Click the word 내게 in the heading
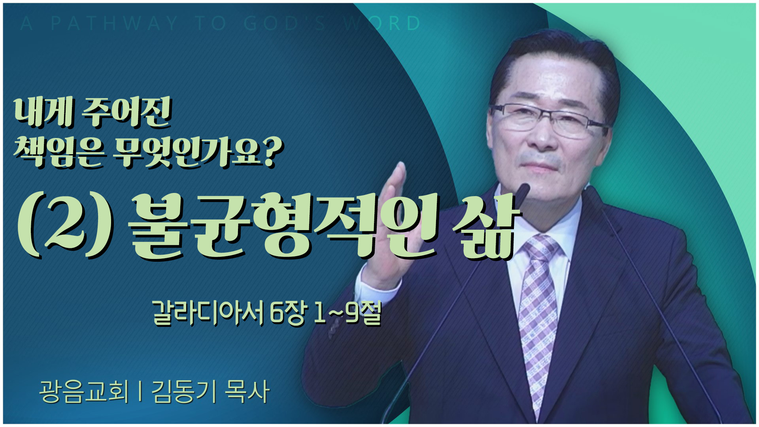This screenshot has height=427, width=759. click(43, 113)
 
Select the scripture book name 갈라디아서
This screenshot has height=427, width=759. click(208, 314)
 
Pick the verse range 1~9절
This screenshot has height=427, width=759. click(347, 314)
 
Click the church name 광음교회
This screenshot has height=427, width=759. click(84, 391)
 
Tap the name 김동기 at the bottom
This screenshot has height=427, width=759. click(184, 391)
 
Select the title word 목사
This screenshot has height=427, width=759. click(247, 391)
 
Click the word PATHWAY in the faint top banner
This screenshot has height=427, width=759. click(115, 24)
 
